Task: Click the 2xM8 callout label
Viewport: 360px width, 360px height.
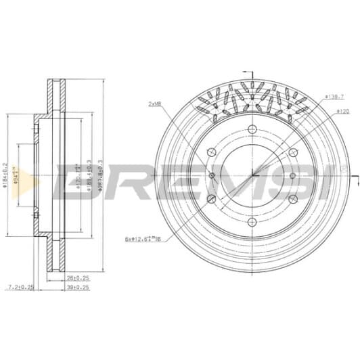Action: (x=154, y=104)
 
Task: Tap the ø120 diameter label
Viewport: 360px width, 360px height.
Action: (x=331, y=110)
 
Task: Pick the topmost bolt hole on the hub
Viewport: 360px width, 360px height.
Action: (x=252, y=130)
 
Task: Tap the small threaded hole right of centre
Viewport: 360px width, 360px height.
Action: (x=292, y=176)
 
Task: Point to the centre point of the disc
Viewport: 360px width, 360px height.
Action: (x=252, y=176)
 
